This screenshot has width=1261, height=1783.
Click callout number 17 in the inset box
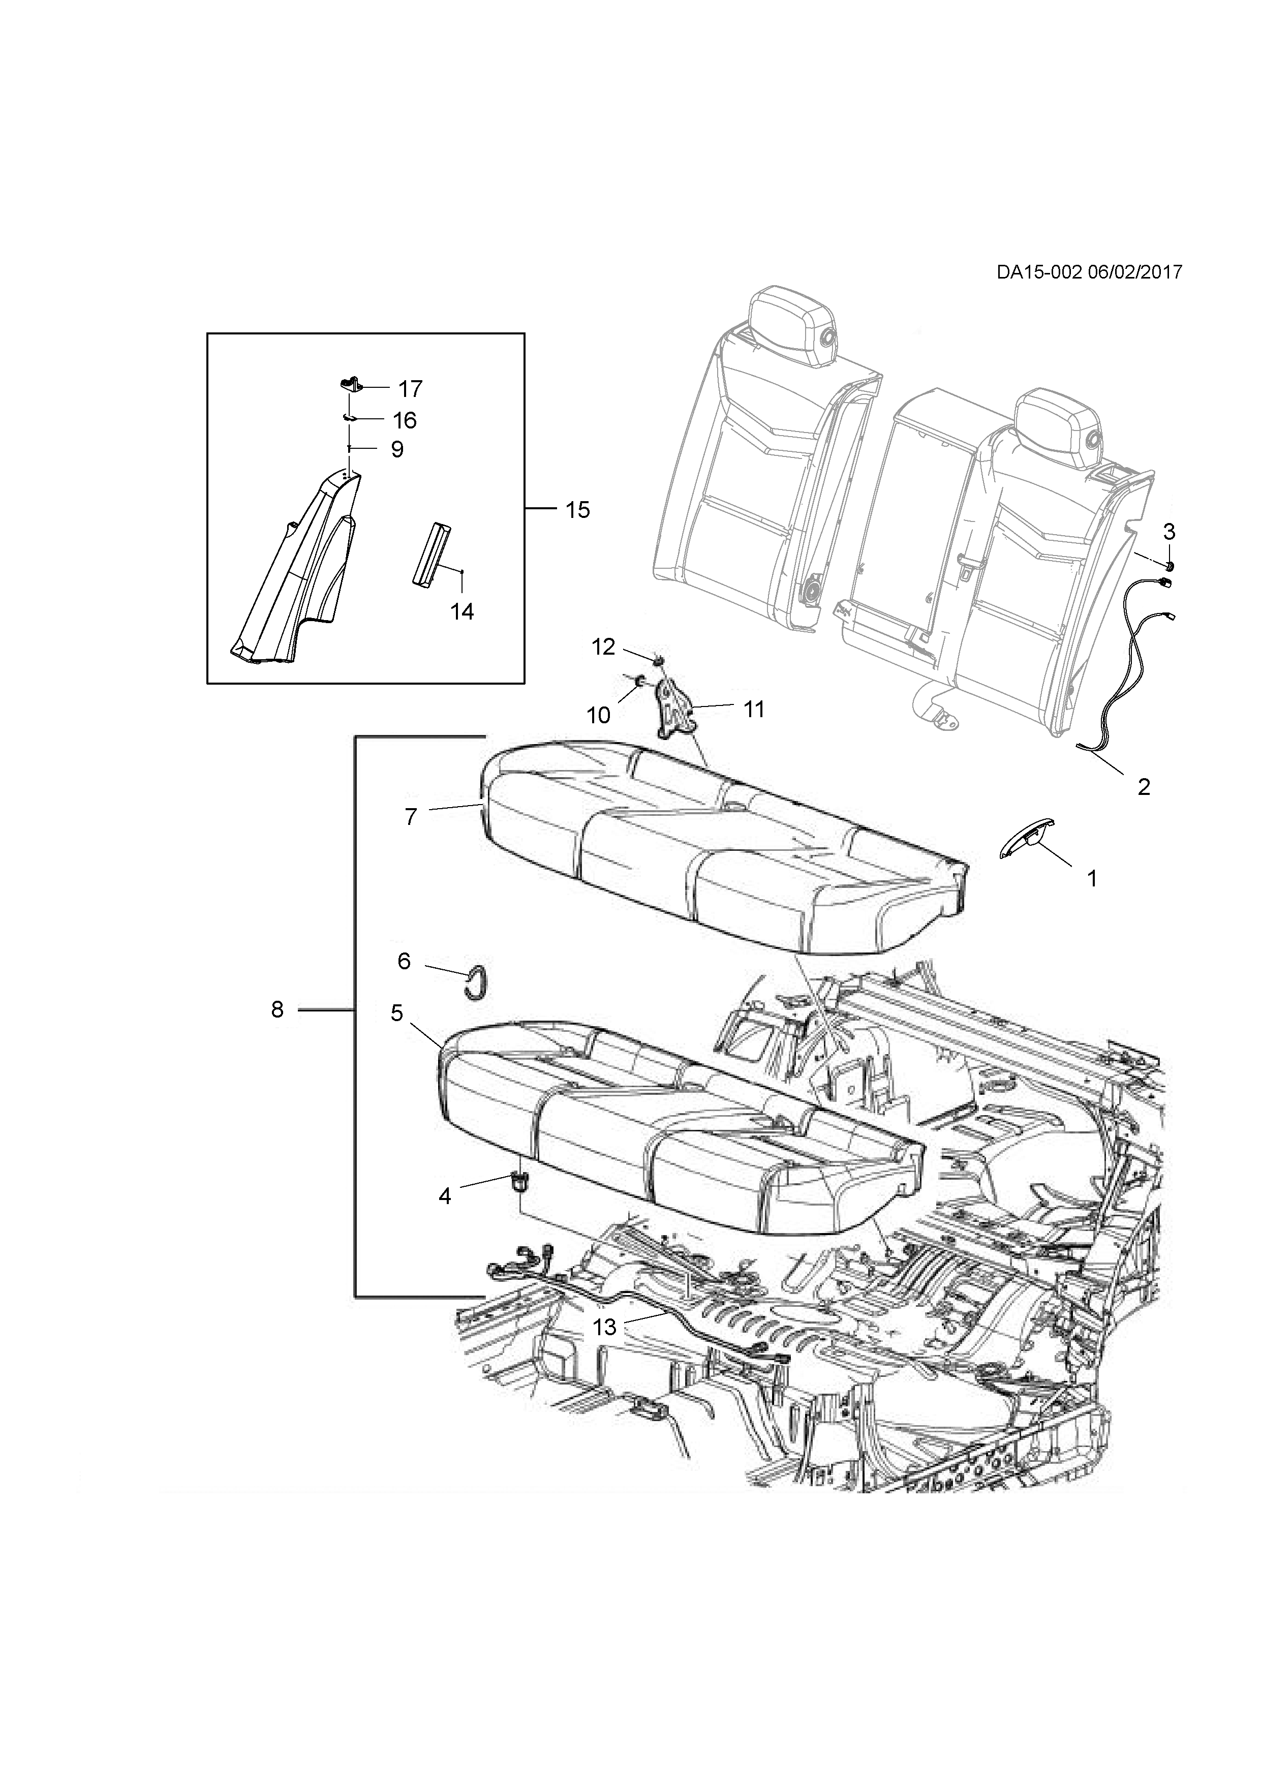tap(410, 388)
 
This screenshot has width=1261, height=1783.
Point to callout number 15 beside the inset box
tap(578, 510)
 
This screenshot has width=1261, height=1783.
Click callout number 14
tap(462, 611)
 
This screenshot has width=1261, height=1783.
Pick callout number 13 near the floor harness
tap(605, 1327)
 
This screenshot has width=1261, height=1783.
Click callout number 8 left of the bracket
tap(277, 1009)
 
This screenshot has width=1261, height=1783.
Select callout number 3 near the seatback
tap(1168, 532)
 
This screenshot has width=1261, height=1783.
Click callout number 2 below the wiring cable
tap(1143, 787)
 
